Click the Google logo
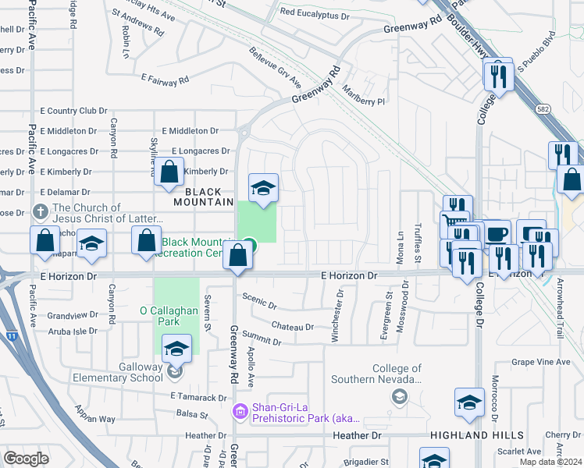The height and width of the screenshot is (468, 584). click(x=27, y=459)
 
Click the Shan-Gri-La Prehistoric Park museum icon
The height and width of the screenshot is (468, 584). click(x=240, y=410)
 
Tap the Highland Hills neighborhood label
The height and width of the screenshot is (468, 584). click(x=466, y=434)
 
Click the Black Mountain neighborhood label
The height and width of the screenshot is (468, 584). click(x=208, y=195)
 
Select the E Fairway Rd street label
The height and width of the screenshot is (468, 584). click(x=165, y=80)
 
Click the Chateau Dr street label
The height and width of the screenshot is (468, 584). click(x=293, y=327)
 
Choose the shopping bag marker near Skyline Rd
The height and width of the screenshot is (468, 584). click(x=169, y=173)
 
